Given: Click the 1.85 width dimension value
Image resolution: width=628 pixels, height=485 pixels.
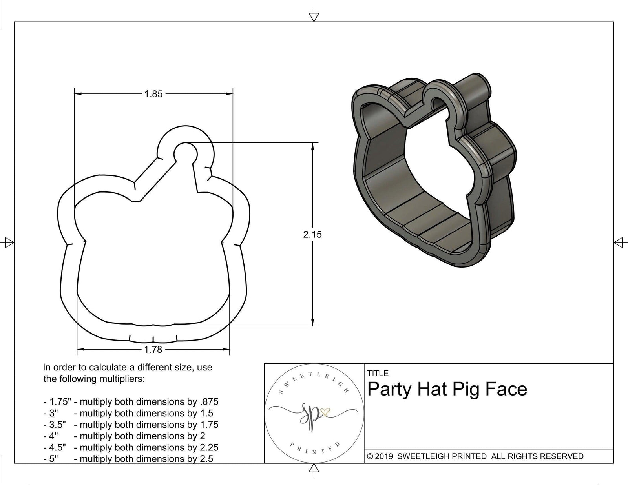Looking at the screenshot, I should pos(153,94).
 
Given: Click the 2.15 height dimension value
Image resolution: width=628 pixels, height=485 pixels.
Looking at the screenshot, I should pos(312,234).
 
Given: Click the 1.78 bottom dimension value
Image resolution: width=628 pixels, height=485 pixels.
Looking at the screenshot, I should pos(153,349).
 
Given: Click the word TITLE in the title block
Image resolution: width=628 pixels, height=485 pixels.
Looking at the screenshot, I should pos(378,373).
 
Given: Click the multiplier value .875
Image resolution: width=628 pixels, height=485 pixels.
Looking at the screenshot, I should pos(209,402).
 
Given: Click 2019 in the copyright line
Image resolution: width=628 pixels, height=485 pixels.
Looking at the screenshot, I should pos(385,456).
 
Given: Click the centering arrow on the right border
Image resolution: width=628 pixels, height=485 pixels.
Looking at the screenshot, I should pos(619,242).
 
